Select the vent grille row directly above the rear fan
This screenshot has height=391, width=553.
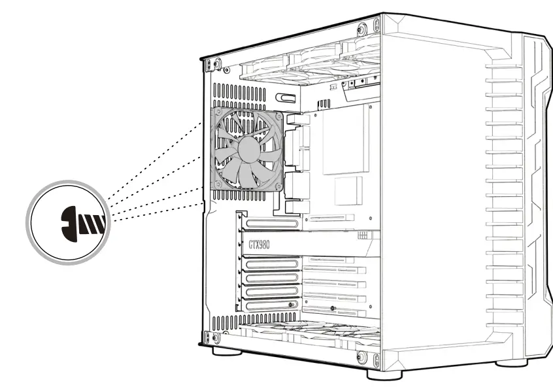tap(239, 91)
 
